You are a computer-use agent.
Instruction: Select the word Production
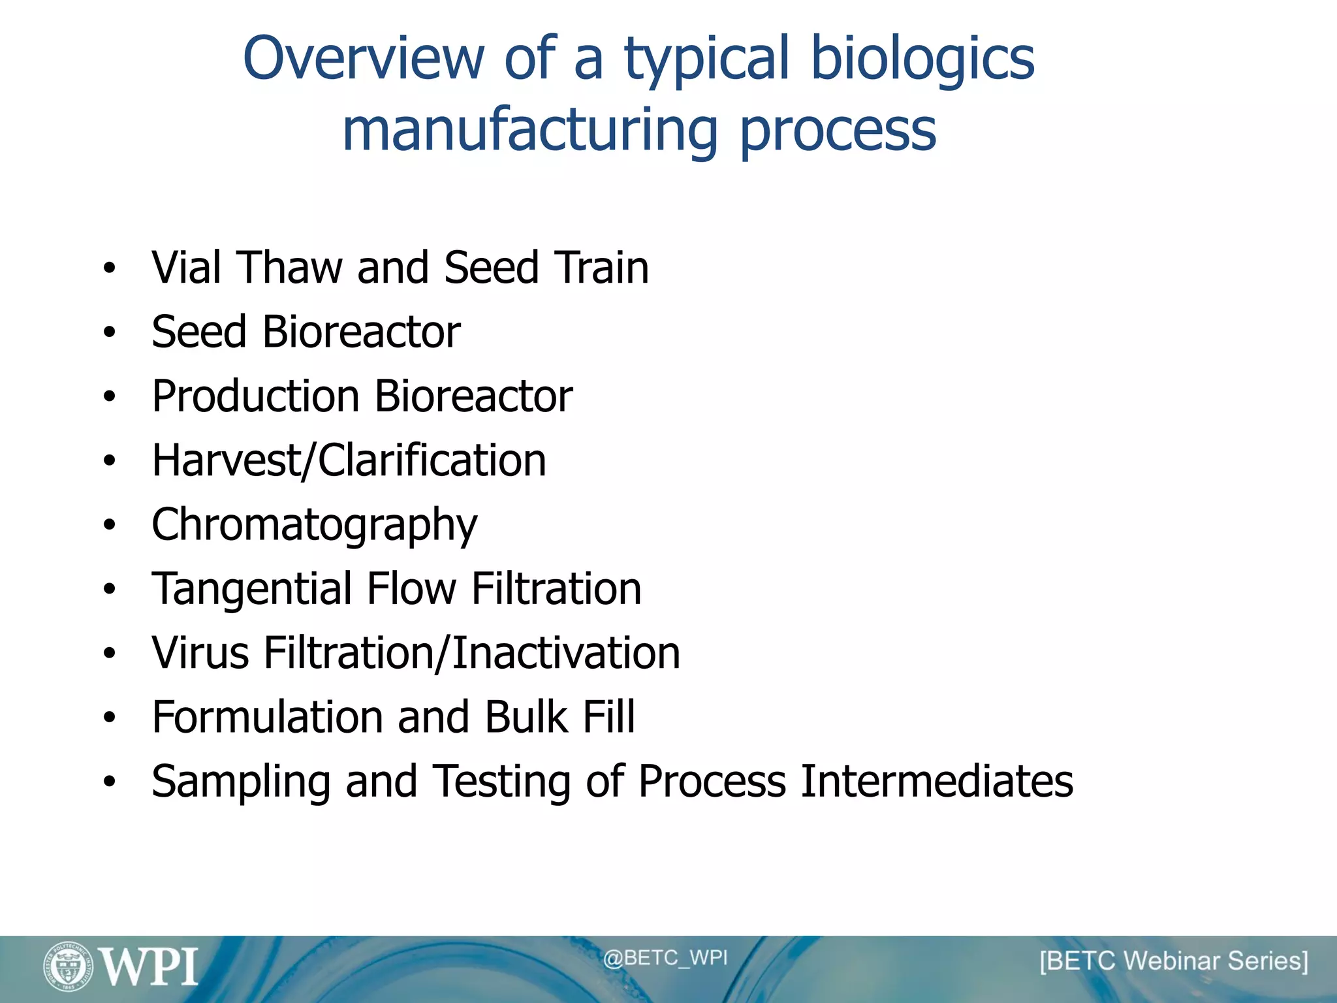tap(255, 396)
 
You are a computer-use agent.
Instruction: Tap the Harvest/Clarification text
tap(349, 461)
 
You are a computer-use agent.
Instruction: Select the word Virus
tap(200, 653)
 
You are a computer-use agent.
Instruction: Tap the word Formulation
tap(266, 717)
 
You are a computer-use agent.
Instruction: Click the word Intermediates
tap(936, 781)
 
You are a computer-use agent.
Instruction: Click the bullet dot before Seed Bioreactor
tap(109, 332)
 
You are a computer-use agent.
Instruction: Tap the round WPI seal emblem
tap(68, 966)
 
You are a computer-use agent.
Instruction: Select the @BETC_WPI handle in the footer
tap(665, 958)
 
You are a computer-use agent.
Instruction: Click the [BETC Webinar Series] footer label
tap(1173, 961)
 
